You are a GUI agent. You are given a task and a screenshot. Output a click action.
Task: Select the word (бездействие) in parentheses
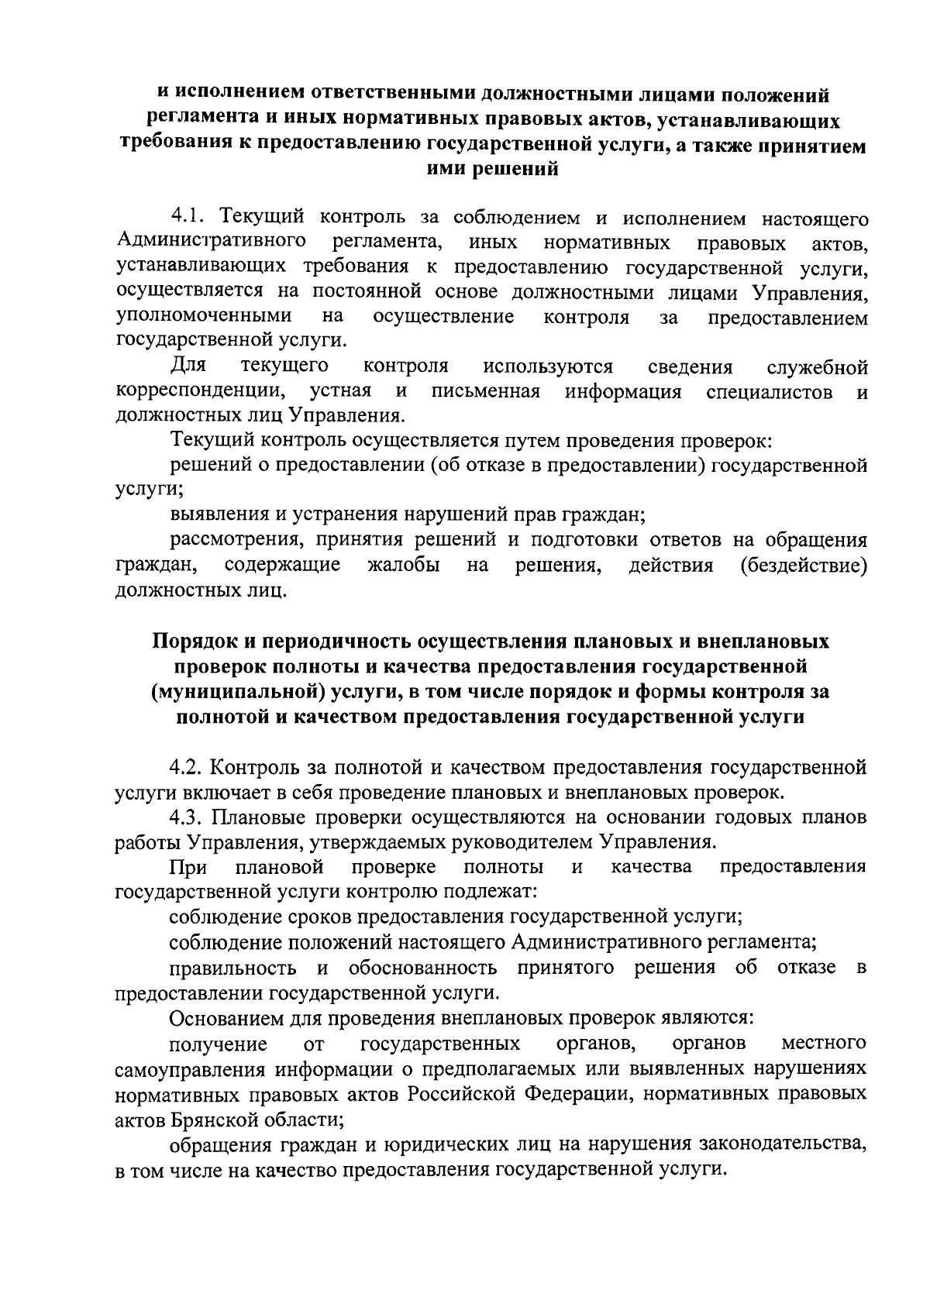coord(804,566)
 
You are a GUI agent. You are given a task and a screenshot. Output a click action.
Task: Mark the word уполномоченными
coord(204,316)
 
